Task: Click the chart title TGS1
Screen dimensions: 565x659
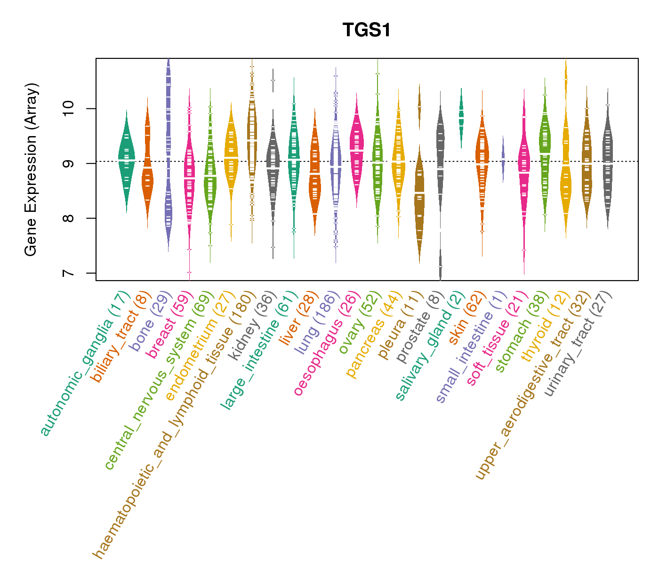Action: [x=367, y=31]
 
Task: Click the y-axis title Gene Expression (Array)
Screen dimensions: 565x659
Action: [x=31, y=170]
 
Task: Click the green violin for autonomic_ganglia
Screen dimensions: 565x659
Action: [x=126, y=160]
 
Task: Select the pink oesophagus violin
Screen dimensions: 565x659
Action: [x=356, y=151]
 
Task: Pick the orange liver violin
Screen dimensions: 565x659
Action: [x=314, y=174]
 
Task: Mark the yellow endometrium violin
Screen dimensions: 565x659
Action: [x=231, y=155]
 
